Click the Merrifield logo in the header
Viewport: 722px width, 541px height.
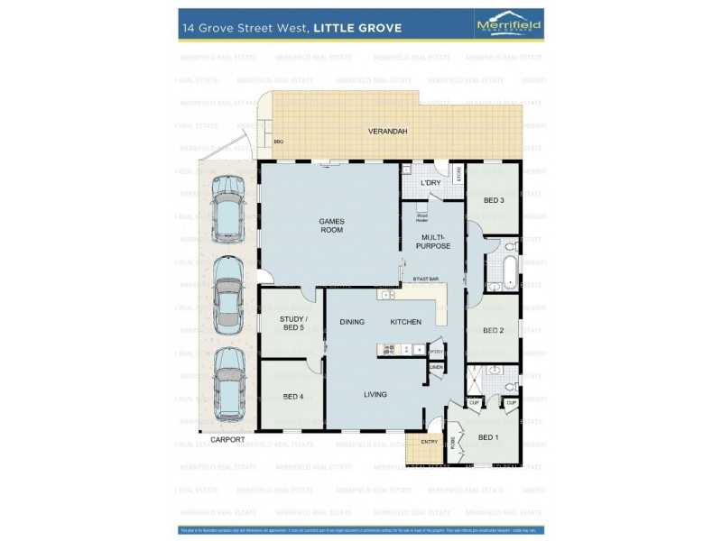[508, 27]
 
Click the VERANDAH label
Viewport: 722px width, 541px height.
[388, 132]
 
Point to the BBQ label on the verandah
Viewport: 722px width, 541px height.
[279, 142]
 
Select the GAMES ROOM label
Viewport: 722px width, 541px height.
[331, 225]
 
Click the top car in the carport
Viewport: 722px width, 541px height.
[228, 208]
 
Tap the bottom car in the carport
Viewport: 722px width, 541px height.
[228, 384]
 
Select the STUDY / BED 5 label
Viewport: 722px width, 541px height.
[292, 322]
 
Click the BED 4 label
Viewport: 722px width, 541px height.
[292, 396]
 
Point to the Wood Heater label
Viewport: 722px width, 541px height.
[421, 216]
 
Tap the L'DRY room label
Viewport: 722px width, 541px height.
[430, 184]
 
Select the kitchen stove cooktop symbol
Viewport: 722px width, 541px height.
[391, 349]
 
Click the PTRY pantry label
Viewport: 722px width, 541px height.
[436, 351]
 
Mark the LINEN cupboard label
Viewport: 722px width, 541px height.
[436, 367]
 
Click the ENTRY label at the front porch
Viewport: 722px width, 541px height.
[430, 442]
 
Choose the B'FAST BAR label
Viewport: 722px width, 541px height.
[426, 280]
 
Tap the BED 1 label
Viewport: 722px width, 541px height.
[488, 437]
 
